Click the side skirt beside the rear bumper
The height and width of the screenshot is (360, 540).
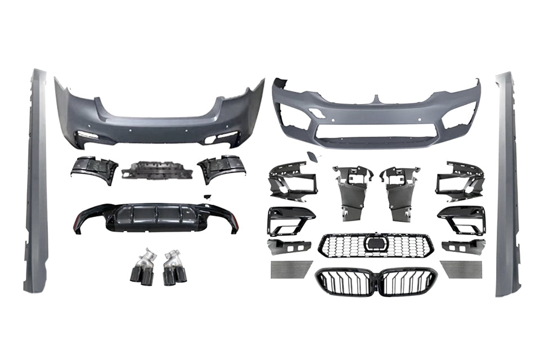tap(37, 180)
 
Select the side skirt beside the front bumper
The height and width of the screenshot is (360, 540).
tap(507, 186)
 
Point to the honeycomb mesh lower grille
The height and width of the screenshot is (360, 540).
tap(376, 246)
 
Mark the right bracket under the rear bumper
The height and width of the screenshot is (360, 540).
tap(221, 168)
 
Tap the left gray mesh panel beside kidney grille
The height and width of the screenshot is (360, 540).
tap(290, 269)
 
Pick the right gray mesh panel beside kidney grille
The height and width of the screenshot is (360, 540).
tap(461, 269)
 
